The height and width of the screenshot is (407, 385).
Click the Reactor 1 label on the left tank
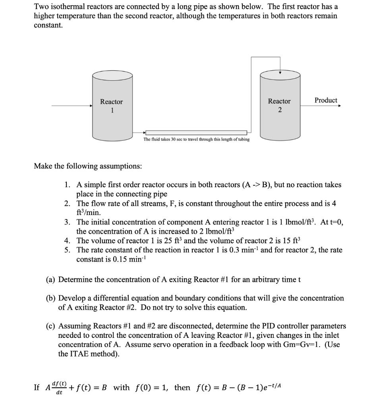[111, 106]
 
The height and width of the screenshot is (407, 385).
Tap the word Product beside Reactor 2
[325, 100]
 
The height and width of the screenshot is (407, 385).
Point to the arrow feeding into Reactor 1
[72, 106]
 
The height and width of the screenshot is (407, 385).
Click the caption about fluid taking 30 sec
[196, 140]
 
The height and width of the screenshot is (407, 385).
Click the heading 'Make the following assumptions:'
[88, 166]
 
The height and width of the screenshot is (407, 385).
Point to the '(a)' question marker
[51, 279]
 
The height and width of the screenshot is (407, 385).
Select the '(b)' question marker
[51, 298]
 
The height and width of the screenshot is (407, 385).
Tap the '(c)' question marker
[51, 326]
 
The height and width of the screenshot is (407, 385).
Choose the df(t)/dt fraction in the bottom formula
[60, 388]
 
